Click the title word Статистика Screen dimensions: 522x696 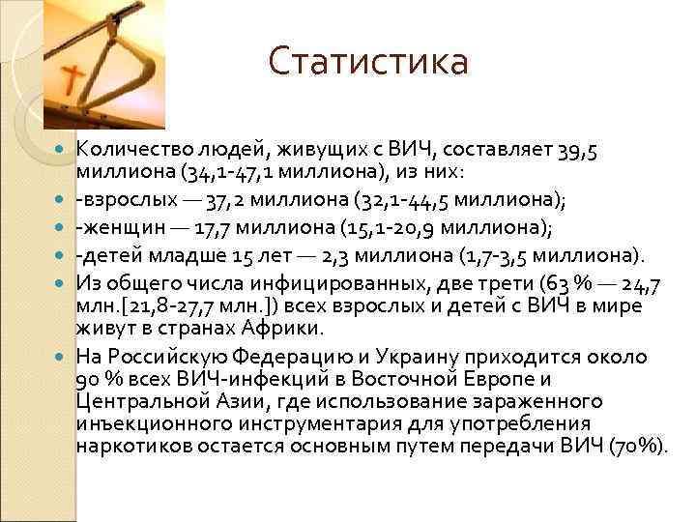[367, 63]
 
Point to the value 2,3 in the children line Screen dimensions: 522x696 [334, 254]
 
